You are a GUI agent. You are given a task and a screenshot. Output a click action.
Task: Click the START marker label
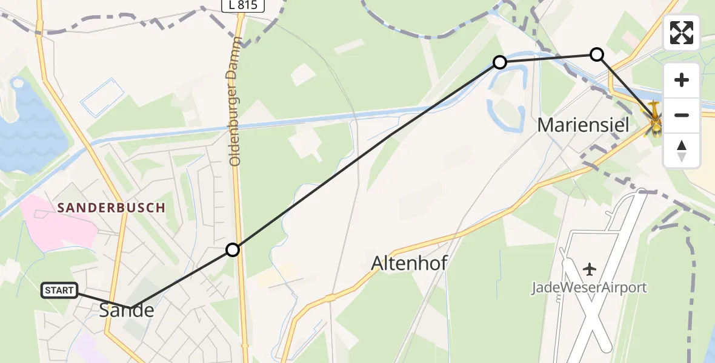point(59,290)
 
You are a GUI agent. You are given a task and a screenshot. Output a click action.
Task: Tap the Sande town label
point(127,311)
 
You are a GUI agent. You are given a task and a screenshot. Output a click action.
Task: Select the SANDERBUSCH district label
point(111,208)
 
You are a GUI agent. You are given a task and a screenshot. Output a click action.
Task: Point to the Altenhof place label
point(410,263)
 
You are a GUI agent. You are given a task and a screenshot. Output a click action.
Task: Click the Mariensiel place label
point(584,125)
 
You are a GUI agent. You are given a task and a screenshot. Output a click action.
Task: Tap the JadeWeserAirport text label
point(589,287)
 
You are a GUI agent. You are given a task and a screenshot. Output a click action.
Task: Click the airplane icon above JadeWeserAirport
point(589,268)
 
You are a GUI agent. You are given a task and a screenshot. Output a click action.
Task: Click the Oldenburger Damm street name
point(236,101)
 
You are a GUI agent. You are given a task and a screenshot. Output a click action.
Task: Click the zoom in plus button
point(682,80)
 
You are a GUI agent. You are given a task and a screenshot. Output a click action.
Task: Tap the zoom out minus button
point(682,115)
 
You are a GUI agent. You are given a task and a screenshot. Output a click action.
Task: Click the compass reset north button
point(682,150)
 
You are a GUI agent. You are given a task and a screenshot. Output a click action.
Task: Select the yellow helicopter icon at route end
point(656,119)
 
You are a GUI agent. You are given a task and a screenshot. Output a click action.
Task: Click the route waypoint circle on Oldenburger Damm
point(233,249)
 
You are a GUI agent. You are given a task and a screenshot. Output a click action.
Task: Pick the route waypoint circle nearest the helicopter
point(597,54)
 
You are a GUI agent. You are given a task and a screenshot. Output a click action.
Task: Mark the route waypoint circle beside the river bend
point(500,62)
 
